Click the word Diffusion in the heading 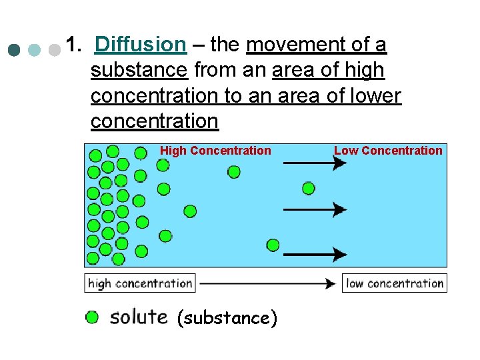click(x=140, y=45)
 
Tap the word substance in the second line click(x=139, y=70)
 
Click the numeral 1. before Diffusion click(x=75, y=45)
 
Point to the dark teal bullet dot click(x=14, y=50)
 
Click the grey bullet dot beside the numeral click(x=55, y=50)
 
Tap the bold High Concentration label click(x=215, y=151)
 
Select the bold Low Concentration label click(x=388, y=151)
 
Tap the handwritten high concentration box click(x=139, y=283)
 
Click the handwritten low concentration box click(x=395, y=283)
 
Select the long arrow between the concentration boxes click(x=267, y=283)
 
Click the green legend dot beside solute click(x=92, y=317)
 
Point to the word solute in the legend click(x=139, y=316)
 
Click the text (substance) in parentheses click(x=227, y=318)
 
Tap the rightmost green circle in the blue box click(x=308, y=188)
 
